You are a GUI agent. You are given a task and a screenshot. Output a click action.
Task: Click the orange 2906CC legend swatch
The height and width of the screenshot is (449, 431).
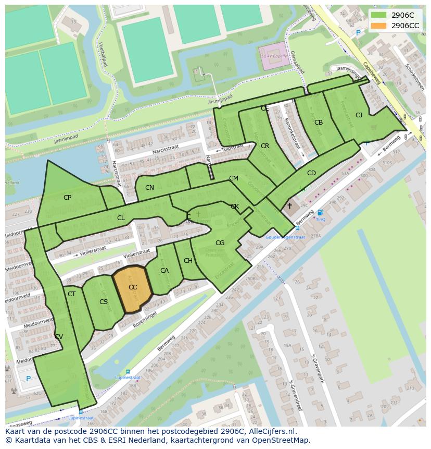[379, 26]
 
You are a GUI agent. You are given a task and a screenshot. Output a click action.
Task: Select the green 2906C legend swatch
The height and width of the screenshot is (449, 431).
[379, 15]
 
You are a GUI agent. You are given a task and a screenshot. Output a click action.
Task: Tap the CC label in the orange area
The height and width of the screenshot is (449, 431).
[133, 287]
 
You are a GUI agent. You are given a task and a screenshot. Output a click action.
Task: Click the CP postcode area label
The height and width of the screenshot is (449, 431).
[67, 198]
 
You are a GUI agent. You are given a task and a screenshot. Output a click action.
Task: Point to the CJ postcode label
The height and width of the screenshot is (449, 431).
[359, 115]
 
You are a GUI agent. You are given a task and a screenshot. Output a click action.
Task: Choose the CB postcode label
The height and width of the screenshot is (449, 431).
[319, 123]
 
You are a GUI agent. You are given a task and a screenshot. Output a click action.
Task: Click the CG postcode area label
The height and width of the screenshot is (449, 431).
[220, 243]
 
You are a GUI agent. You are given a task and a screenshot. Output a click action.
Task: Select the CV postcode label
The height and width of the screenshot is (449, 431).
[59, 337]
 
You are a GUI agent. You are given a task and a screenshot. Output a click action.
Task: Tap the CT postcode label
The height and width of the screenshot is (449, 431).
[72, 294]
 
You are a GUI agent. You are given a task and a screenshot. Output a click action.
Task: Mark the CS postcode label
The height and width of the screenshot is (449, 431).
[104, 302]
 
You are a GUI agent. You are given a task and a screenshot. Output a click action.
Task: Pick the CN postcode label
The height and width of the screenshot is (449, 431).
[149, 188]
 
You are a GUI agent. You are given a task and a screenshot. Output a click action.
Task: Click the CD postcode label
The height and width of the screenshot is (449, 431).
[311, 173]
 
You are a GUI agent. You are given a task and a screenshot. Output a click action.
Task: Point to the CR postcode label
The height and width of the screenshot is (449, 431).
[265, 146]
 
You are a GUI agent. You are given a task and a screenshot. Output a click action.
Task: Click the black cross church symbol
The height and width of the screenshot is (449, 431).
[289, 206]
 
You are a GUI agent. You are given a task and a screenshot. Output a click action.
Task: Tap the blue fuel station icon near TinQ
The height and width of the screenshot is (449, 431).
[320, 212]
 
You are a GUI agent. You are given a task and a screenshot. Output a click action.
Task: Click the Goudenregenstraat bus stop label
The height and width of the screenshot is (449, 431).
[284, 237]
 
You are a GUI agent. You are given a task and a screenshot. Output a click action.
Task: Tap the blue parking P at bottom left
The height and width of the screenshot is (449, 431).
[28, 379]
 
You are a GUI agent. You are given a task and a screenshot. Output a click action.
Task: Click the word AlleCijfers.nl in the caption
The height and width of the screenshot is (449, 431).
[270, 431]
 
